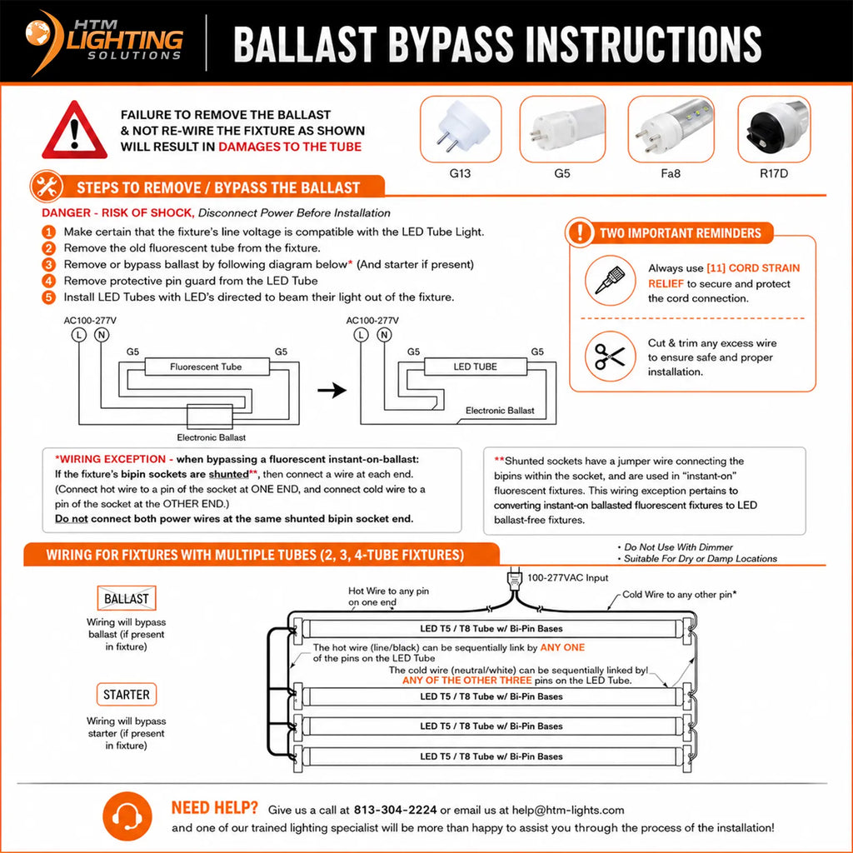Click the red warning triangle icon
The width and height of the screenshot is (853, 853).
(x=74, y=130)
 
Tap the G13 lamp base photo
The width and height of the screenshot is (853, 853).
(x=460, y=129)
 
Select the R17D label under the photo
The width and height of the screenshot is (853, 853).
(x=774, y=173)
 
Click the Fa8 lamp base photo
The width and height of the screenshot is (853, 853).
(x=671, y=129)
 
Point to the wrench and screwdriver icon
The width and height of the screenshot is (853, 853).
(x=47, y=187)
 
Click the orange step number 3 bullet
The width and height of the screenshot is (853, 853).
(x=49, y=264)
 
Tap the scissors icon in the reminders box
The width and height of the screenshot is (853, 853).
(x=610, y=357)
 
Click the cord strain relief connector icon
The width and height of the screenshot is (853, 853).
(x=610, y=281)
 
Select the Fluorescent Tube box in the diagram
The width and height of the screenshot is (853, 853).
(x=207, y=367)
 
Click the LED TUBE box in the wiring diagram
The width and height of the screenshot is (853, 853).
(x=476, y=367)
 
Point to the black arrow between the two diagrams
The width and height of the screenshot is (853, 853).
(x=332, y=390)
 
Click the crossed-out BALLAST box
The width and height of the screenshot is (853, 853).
(x=127, y=598)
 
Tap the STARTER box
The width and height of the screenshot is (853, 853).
(x=127, y=694)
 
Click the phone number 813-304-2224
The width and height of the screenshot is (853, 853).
(x=395, y=810)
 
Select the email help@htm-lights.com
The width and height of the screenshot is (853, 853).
(x=568, y=810)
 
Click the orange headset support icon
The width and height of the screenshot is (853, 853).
(x=127, y=816)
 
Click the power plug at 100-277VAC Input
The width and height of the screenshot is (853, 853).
(x=514, y=580)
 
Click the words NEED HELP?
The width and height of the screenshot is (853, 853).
(x=214, y=808)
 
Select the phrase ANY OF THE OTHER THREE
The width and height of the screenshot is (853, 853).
(x=466, y=680)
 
